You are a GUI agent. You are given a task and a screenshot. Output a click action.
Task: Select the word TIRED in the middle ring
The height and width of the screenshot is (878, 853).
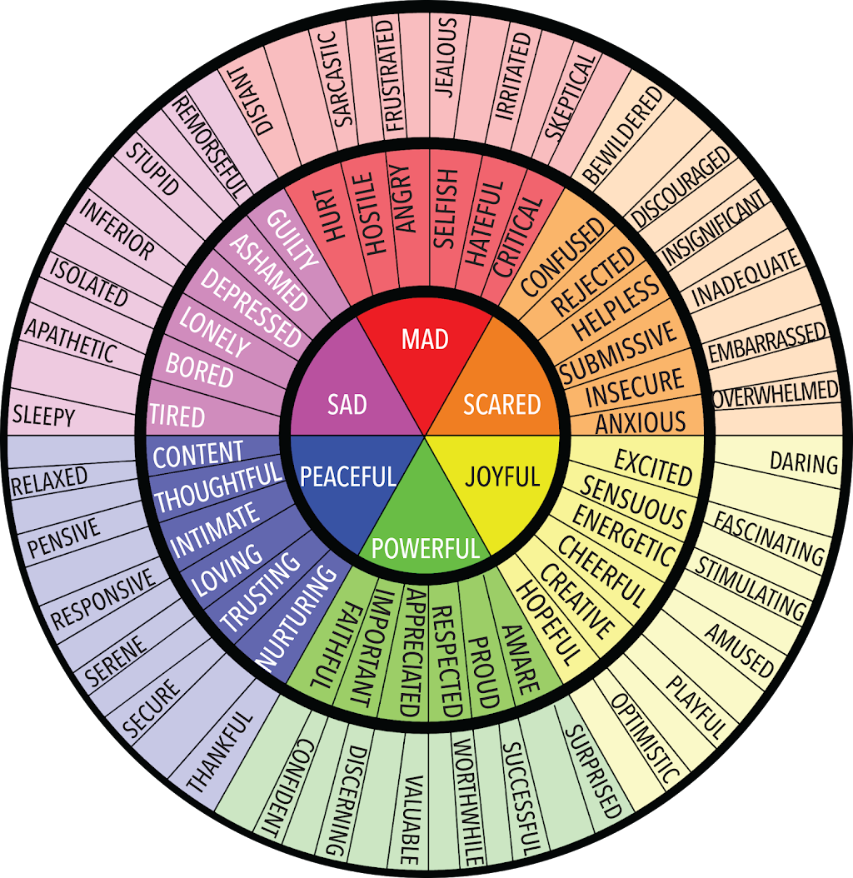tap(177, 416)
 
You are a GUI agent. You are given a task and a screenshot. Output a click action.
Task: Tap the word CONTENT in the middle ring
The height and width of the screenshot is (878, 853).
tap(198, 455)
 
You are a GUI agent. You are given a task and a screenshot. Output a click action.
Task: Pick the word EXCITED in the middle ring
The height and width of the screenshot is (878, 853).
tap(654, 468)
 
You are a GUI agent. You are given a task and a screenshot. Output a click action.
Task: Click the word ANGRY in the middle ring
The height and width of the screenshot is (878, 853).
tap(405, 198)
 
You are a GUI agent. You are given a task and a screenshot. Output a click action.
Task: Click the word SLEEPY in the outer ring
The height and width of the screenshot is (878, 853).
tap(43, 416)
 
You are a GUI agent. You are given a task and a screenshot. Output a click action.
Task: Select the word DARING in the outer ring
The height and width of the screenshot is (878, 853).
tap(804, 463)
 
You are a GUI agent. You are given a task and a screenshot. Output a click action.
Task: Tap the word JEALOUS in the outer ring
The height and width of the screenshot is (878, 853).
tap(446, 57)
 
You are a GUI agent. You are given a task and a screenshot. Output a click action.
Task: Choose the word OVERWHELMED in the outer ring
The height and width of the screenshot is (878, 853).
tap(776, 394)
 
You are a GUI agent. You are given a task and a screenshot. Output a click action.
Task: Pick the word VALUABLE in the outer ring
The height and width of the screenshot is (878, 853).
tap(412, 820)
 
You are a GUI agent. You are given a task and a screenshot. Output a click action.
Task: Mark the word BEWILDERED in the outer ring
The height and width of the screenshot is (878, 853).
tap(621, 135)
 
